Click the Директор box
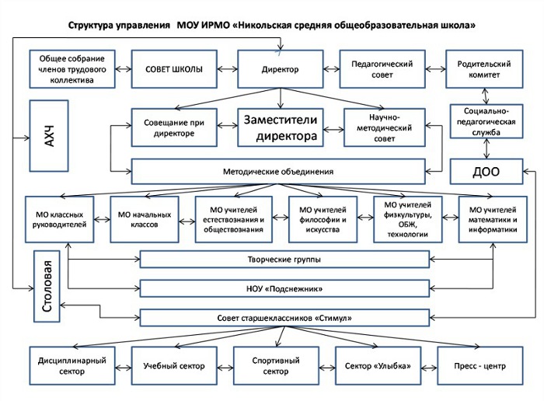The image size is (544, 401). [281, 69]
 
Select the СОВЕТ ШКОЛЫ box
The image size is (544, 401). [174, 69]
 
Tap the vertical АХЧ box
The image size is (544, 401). [49, 136]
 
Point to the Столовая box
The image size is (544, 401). [47, 286]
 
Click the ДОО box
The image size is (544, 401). [486, 172]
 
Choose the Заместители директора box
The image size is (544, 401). [281, 127]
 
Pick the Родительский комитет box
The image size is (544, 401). [484, 69]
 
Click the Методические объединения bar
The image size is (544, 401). [278, 172]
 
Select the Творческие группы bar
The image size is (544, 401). [284, 260]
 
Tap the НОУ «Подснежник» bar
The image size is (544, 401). [284, 288]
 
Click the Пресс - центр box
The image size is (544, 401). [480, 365]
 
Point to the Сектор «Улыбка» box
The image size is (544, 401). [378, 365]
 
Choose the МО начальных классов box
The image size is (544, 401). [145, 219]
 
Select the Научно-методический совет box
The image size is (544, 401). [385, 127]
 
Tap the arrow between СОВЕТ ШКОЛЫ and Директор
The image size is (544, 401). [228, 69]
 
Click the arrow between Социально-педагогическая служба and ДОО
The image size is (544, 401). [486, 148]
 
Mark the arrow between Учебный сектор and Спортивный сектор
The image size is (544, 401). [225, 367]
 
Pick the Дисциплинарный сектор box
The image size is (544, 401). [72, 365]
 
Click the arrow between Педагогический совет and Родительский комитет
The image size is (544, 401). [435, 69]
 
